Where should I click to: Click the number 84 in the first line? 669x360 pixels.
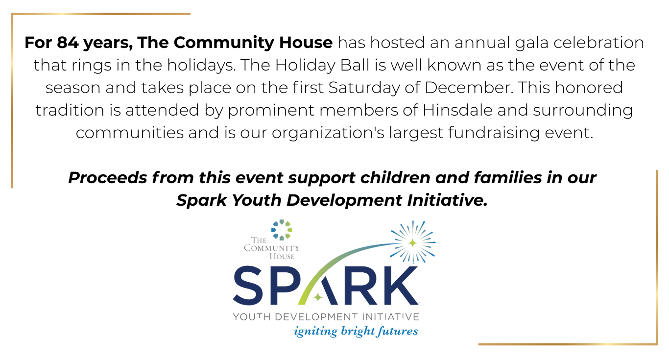(68, 43)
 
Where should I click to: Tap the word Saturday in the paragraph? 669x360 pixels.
(364, 88)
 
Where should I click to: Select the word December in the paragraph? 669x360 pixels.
(469, 88)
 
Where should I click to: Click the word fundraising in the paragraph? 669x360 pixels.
(494, 133)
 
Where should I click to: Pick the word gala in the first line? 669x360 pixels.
(531, 43)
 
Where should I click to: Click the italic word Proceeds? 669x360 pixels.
(108, 177)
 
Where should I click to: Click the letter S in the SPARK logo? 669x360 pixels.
(248, 286)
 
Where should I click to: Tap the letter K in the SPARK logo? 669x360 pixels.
(400, 286)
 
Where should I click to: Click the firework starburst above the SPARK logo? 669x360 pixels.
(413, 242)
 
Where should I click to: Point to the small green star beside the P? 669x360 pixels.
(318, 297)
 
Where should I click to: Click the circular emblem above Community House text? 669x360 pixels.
(282, 230)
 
